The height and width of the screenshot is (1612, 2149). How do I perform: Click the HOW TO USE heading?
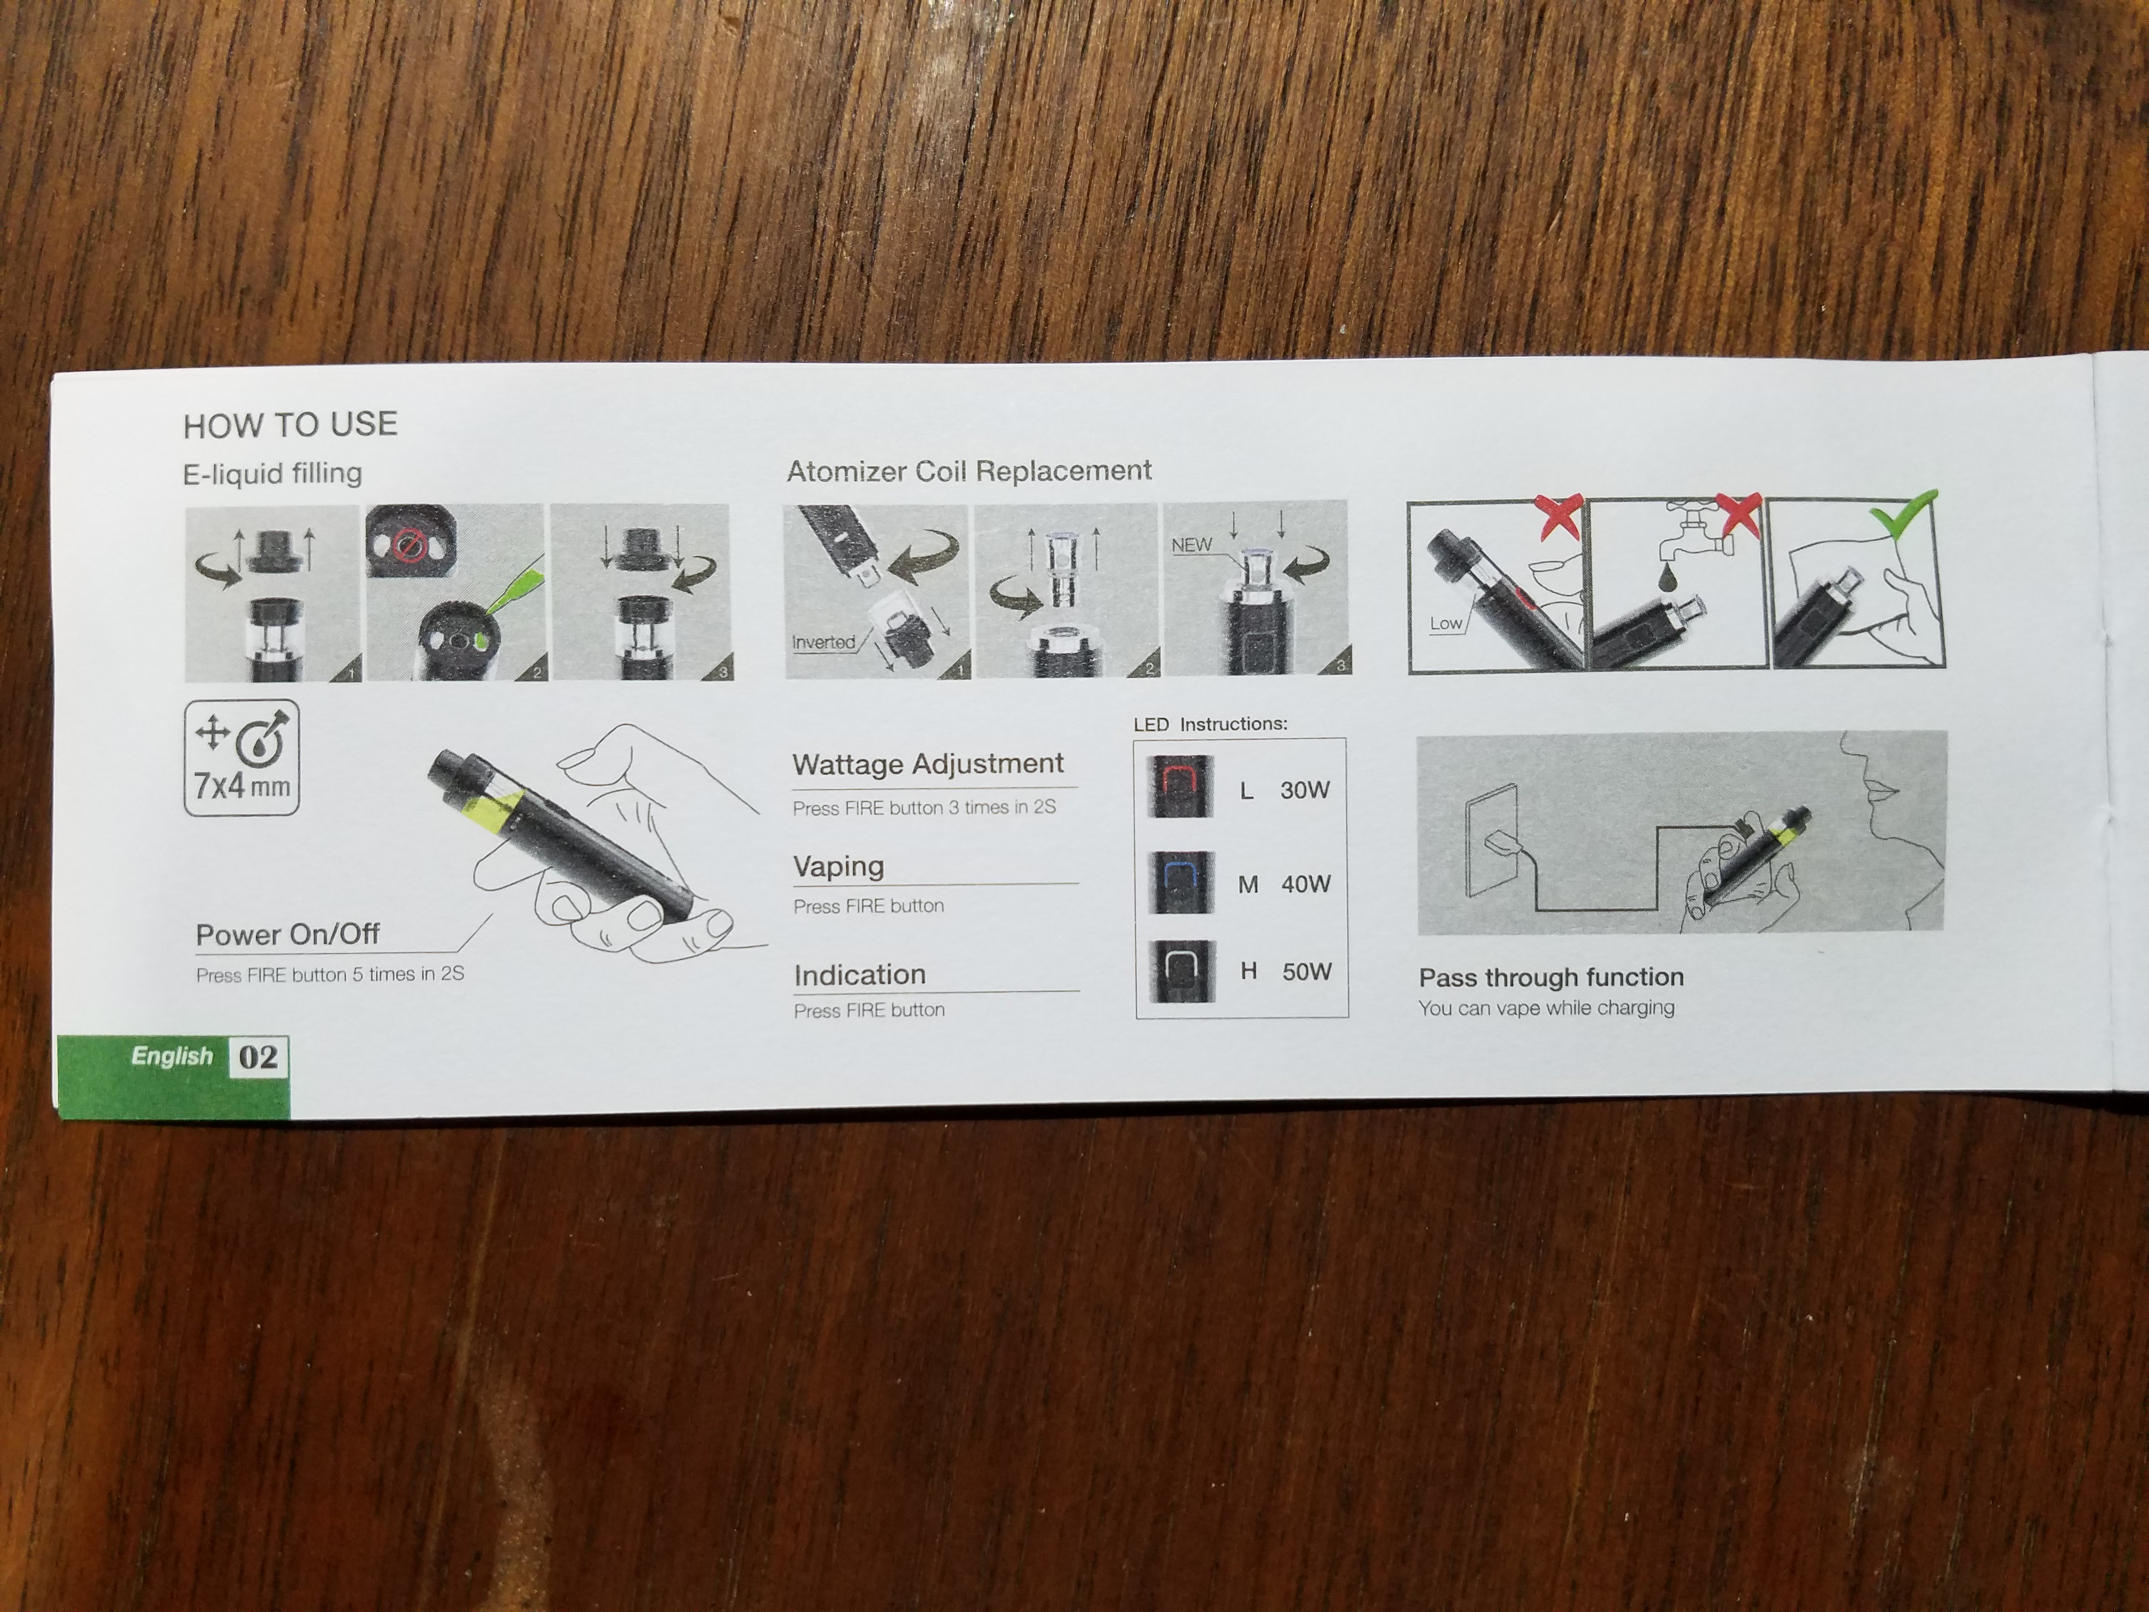pyautogui.click(x=290, y=425)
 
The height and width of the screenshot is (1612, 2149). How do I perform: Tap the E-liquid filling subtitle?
pyautogui.click(x=272, y=473)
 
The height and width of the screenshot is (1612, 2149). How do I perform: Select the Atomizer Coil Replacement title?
pyautogui.click(x=968, y=471)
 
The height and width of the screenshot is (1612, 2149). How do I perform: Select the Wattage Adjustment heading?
pyautogui.click(x=928, y=764)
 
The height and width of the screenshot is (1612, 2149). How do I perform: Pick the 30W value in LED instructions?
pyautogui.click(x=1305, y=790)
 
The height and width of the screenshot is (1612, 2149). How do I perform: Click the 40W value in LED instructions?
pyautogui.click(x=1306, y=884)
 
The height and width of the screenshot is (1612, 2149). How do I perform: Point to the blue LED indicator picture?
pyautogui.click(x=1181, y=881)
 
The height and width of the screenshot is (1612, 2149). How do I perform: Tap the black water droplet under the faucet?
pyautogui.click(x=1669, y=577)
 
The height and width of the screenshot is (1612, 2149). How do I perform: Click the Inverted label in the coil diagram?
pyautogui.click(x=823, y=642)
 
